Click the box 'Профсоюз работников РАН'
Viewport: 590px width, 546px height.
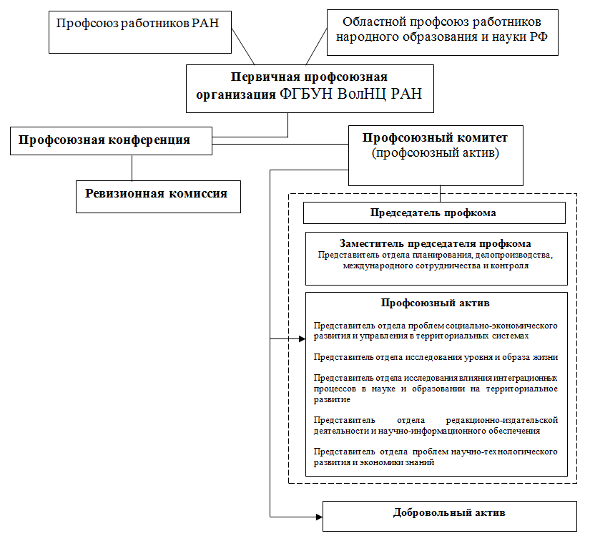click(x=140, y=32)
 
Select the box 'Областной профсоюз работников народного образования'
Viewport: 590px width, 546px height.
click(x=443, y=32)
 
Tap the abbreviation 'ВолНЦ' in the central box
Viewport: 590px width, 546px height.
click(x=361, y=94)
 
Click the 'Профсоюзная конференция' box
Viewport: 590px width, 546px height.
click(x=111, y=141)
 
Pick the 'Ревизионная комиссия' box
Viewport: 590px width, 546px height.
click(x=159, y=197)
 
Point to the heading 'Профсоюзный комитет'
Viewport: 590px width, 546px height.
click(x=435, y=138)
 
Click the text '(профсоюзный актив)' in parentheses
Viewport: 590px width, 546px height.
click(x=436, y=153)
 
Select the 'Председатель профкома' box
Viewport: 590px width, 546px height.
click(x=434, y=213)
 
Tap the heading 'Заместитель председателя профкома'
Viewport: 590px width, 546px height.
click(x=436, y=243)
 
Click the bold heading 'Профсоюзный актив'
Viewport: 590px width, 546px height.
click(x=436, y=303)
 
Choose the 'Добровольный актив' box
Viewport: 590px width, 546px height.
click(x=450, y=516)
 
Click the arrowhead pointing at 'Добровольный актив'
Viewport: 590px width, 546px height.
click(x=320, y=517)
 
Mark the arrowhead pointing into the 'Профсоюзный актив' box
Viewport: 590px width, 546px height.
click(x=302, y=339)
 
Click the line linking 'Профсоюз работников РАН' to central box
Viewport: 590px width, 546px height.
click(x=243, y=46)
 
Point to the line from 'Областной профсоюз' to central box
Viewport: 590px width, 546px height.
click(x=316, y=47)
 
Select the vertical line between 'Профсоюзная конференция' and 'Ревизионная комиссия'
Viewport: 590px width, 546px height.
click(x=132, y=168)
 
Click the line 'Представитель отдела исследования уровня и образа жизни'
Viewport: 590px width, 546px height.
click(x=436, y=357)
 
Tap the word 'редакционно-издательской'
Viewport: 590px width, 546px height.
click(x=501, y=420)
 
